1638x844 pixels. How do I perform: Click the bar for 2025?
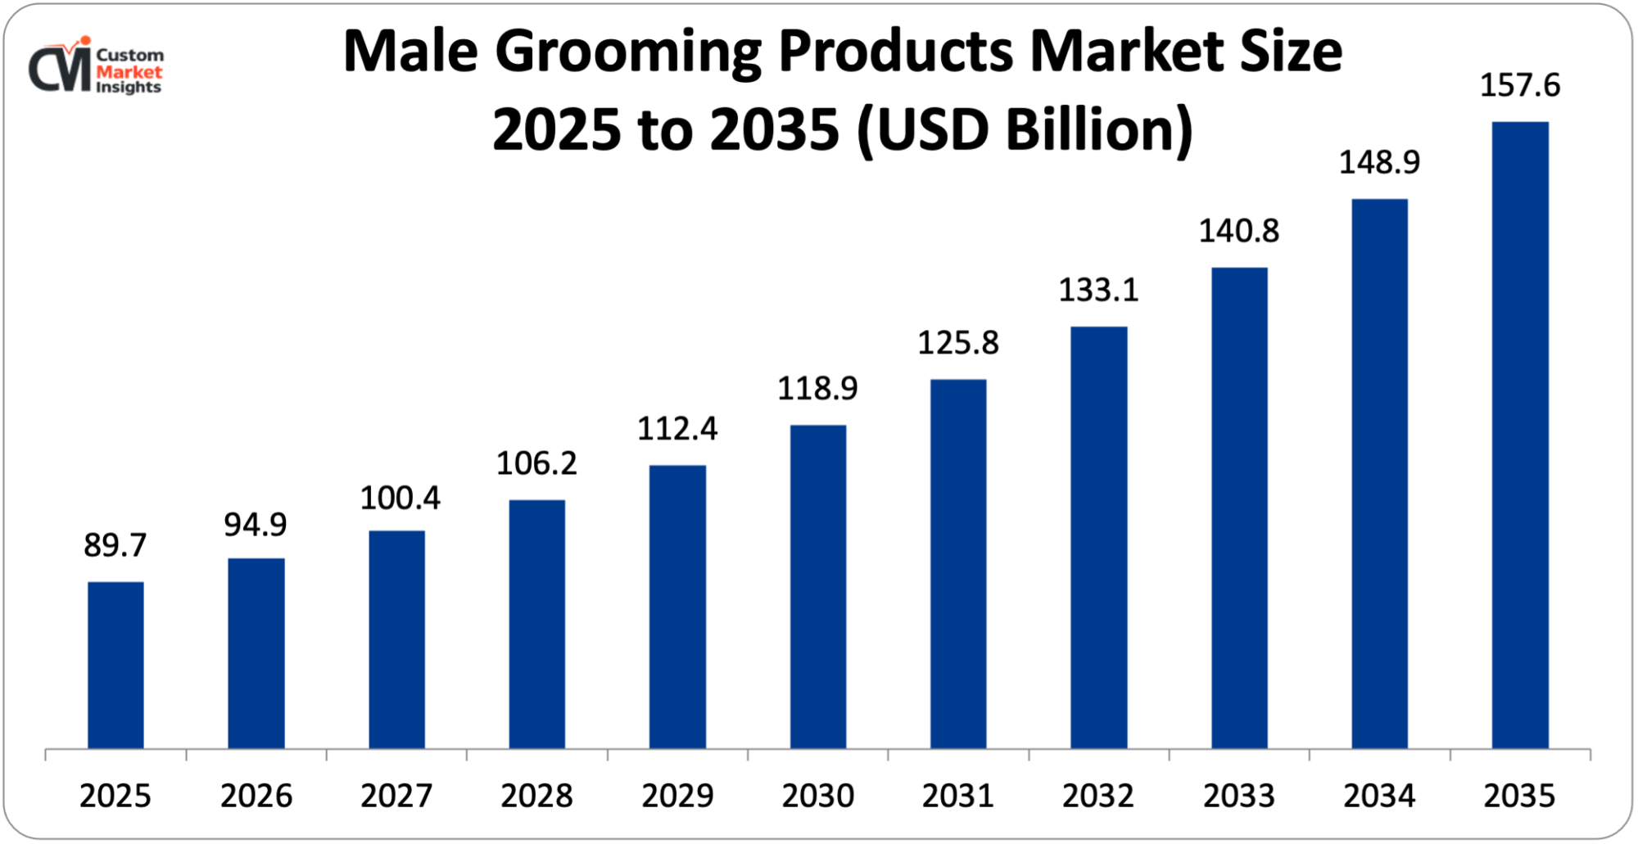click(115, 665)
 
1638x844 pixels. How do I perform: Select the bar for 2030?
click(818, 586)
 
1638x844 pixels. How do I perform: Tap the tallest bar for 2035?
click(1520, 435)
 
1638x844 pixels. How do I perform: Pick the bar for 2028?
click(536, 624)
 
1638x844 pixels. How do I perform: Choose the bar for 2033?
click(1239, 508)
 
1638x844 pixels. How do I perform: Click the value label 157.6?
click(1520, 85)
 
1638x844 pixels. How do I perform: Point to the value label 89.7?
click(115, 545)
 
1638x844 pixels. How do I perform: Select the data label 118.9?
click(817, 388)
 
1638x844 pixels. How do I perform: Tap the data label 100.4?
click(400, 498)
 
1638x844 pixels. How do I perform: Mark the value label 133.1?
click(1098, 290)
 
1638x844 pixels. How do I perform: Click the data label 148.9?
click(1379, 162)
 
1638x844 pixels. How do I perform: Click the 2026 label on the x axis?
click(256, 796)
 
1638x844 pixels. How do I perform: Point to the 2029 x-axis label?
click(677, 796)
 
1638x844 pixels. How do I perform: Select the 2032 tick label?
click(1098, 796)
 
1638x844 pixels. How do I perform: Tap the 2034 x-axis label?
click(1379, 796)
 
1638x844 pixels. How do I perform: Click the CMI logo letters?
click(59, 69)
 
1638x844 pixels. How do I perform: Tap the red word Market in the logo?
click(129, 72)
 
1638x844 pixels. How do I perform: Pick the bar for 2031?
click(958, 563)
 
